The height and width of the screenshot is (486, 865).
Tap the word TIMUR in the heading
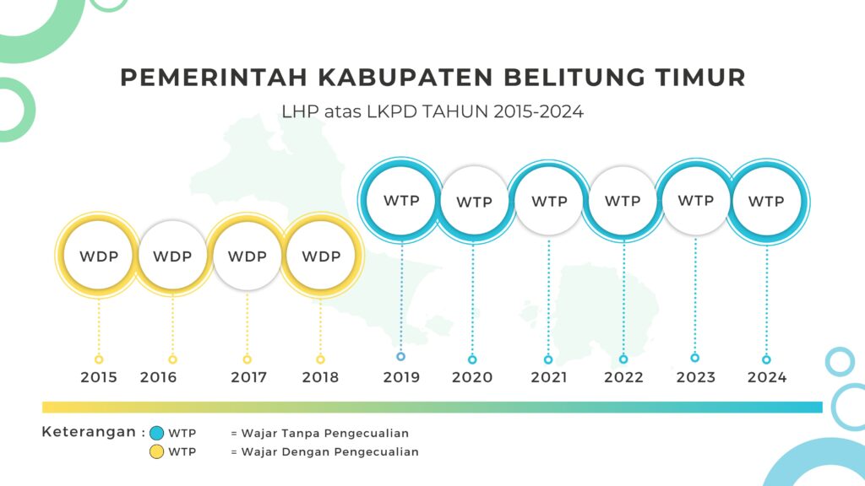pos(700,77)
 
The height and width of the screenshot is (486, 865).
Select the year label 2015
pos(99,377)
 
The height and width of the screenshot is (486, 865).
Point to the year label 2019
pos(401,377)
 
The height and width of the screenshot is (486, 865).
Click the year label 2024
pos(767,377)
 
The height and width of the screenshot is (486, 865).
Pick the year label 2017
pos(249,377)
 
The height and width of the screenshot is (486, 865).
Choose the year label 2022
pos(623,377)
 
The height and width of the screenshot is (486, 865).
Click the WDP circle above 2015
pos(99,256)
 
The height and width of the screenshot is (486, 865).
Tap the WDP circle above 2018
pos(321,256)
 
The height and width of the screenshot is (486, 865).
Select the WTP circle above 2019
pos(401,201)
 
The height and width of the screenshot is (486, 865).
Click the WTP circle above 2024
pos(767,202)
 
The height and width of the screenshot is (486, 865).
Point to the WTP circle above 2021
pos(549,202)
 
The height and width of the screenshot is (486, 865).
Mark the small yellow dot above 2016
pos(172,359)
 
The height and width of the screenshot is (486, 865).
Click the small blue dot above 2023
pos(695,358)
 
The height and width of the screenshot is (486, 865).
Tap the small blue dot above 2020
pos(472,359)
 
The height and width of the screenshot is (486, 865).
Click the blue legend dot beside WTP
pos(156,433)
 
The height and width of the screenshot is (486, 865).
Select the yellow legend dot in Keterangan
pos(156,452)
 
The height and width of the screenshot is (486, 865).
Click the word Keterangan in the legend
pos(89,432)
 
